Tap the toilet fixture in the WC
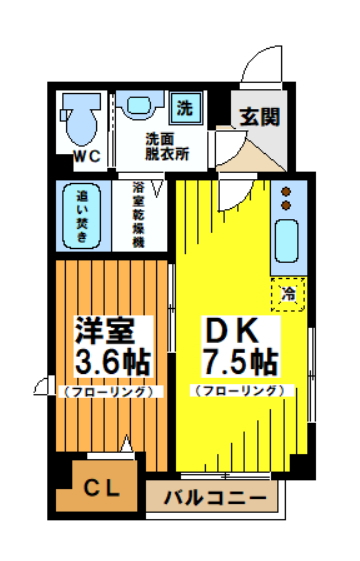79,121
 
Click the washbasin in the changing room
138,105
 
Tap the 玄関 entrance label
258,114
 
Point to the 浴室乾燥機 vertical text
139,215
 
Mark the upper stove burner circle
287,191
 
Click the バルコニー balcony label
214,497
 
